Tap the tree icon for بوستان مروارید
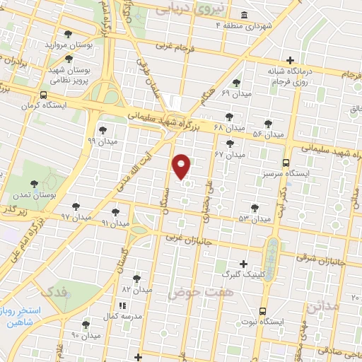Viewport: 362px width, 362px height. (x=68, y=33)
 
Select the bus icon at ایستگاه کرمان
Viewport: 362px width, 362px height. (x=44, y=95)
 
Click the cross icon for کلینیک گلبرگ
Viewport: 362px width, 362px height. (x=244, y=263)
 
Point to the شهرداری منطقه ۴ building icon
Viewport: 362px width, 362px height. (x=244, y=16)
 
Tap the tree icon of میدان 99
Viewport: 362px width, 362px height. (x=103, y=130)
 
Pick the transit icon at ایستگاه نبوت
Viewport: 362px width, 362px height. (x=262, y=310)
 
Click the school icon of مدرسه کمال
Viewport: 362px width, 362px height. (x=122, y=305)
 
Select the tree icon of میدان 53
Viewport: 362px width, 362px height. (x=255, y=208)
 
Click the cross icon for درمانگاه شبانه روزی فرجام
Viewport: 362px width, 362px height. (x=291, y=61)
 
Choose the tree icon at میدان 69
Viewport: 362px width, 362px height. (x=236, y=83)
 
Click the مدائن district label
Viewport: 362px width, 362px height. (x=323, y=308)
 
